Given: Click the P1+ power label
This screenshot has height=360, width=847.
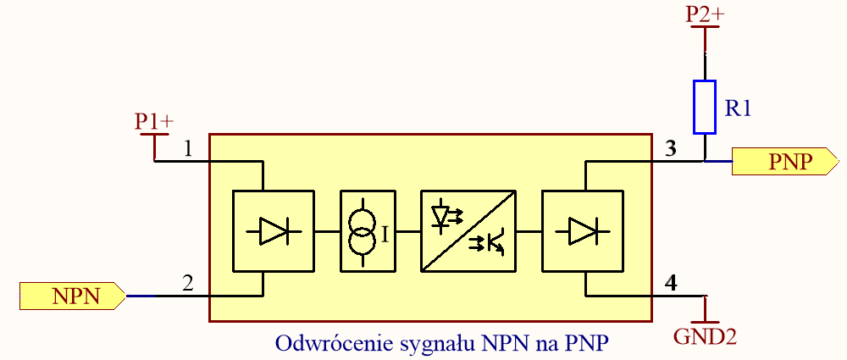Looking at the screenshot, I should point(154,122).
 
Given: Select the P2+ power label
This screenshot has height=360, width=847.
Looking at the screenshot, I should point(705,14).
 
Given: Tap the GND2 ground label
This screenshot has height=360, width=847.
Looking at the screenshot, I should point(705,336).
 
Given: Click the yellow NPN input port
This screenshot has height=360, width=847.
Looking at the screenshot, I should point(73,296).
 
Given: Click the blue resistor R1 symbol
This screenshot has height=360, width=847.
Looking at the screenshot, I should point(705,107).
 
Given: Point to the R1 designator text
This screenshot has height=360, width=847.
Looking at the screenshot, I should point(739,108).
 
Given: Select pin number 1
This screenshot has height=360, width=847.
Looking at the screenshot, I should point(189,149).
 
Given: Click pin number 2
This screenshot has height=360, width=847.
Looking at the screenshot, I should point(188,285).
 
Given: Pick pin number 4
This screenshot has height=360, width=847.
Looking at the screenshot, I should point(671,285).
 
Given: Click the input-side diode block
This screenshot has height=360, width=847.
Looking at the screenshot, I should point(273,230).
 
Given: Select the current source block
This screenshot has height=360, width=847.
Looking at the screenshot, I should point(367,230).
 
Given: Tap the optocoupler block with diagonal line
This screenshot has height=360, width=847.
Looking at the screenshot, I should point(468,230).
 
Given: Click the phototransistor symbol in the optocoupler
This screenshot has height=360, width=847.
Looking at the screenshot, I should point(490,244).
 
